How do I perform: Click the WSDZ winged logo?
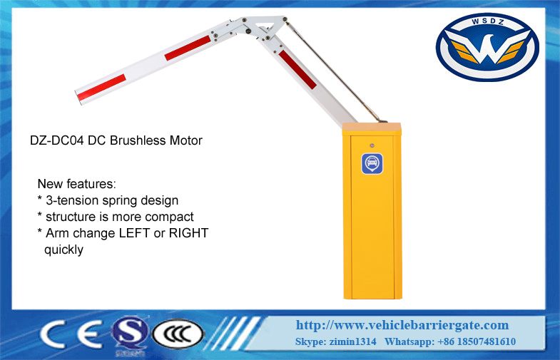coord(487,47)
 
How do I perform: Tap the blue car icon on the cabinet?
coord(372,163)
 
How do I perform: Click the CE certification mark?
coord(71,334)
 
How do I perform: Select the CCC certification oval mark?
coord(178,334)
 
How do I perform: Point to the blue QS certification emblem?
coord(129,335)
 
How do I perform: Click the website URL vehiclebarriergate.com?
coord(402,325)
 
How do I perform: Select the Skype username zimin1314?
coord(352,341)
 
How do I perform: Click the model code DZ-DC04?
coord(57,140)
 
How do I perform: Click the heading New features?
coord(77,184)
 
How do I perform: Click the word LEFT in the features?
coord(134,233)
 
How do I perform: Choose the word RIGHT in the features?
coord(188,233)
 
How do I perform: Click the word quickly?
coord(63,250)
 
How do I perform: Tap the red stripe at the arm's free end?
coord(102,88)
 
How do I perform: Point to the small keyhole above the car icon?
coord(372,145)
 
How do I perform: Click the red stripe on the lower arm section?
coord(297,70)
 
